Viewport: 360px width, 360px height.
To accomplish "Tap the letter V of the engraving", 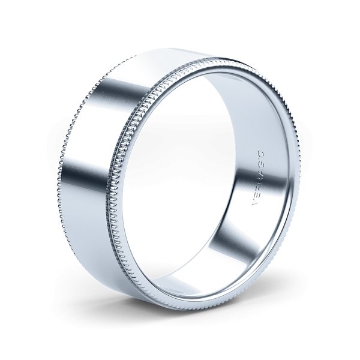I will pos(253,205).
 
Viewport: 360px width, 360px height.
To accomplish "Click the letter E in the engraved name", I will pos(256,198).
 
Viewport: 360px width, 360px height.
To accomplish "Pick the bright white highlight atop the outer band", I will pos(162,66).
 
